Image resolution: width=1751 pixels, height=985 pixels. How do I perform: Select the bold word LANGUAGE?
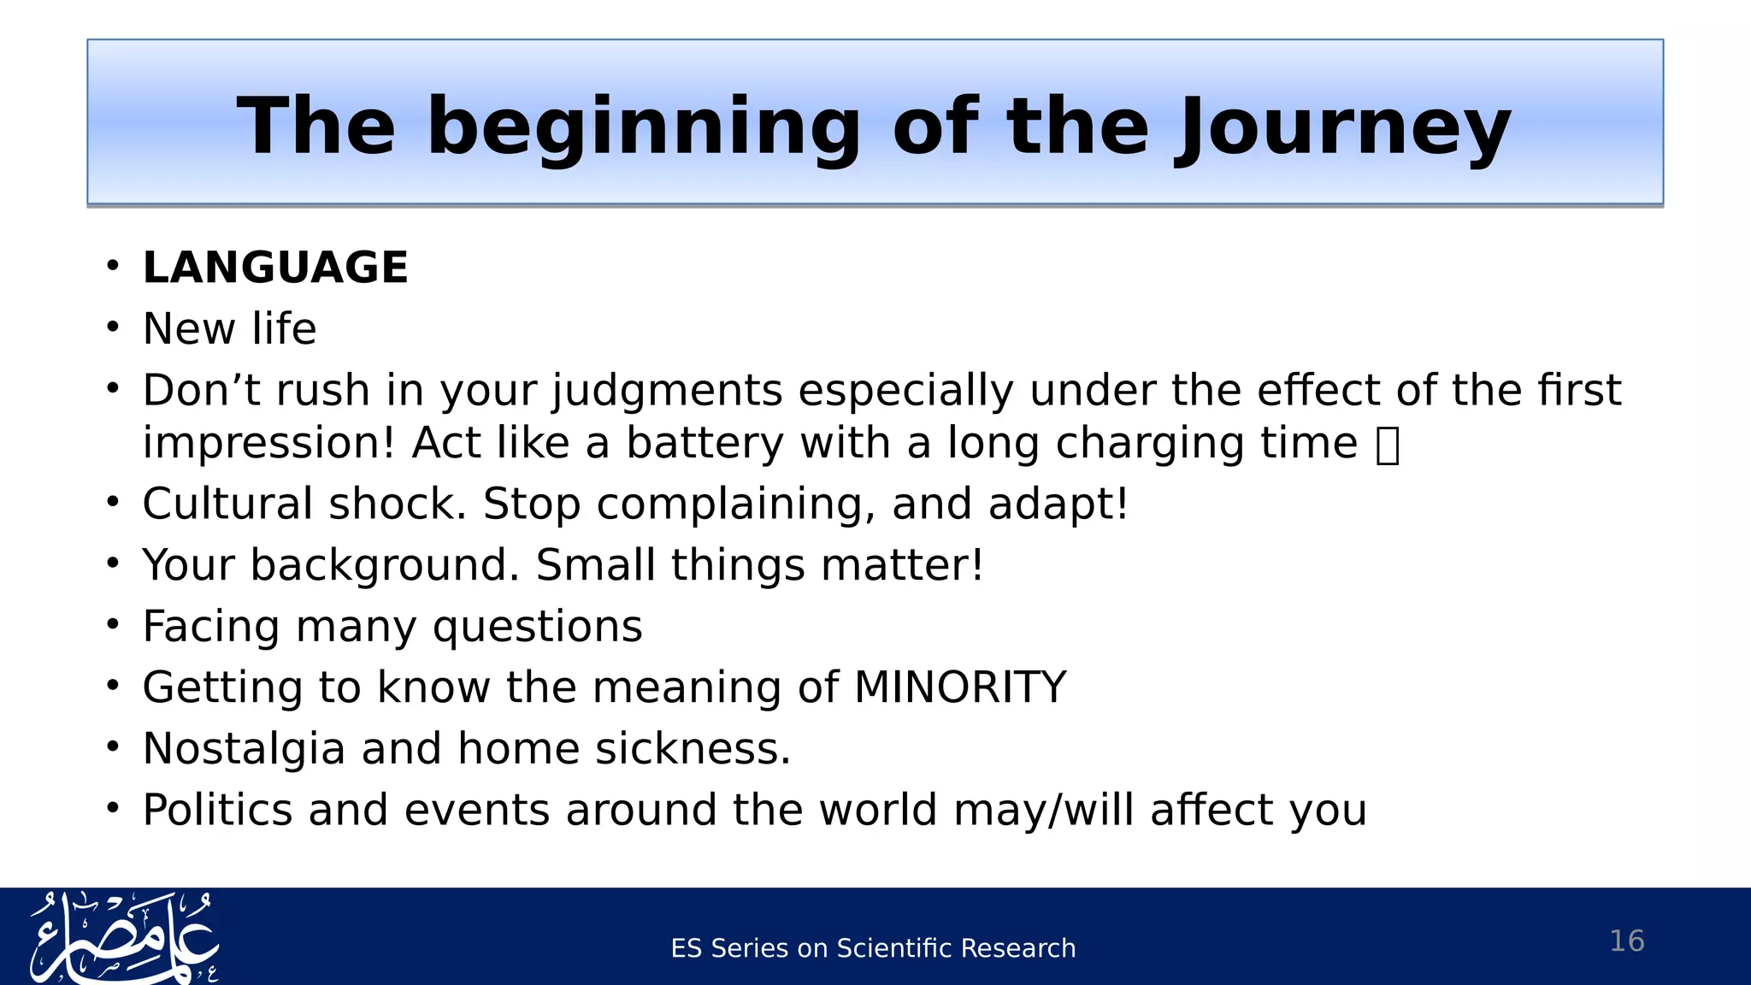coord(275,268)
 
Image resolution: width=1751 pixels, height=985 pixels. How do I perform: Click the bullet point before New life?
coord(113,327)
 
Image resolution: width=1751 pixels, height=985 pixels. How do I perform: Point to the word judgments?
coord(667,391)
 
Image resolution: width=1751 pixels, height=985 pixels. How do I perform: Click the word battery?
coord(704,444)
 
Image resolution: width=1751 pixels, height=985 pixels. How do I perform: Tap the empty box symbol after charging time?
coord(1388,445)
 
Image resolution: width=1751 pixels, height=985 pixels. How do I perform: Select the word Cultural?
coord(227,504)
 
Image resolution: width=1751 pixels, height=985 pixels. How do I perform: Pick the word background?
coord(384,566)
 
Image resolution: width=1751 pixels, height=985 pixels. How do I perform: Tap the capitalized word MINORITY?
coord(960,687)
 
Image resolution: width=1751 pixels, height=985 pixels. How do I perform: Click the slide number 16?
coord(1626,941)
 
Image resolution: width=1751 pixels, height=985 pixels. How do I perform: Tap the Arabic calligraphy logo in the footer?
coord(124,938)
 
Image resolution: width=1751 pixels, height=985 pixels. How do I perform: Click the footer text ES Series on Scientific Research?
coord(873,948)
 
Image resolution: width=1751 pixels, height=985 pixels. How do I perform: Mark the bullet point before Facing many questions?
coord(113,625)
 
